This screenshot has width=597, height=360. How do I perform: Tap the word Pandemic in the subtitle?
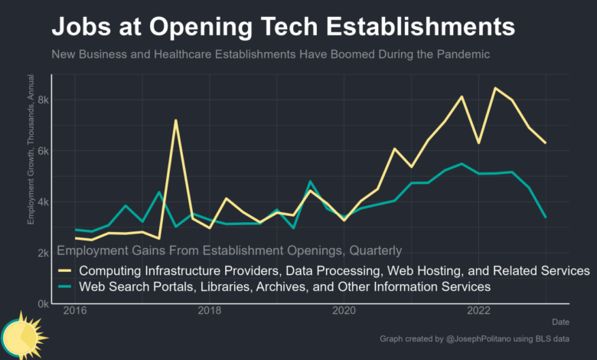point(459,55)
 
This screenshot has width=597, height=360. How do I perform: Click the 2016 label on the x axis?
point(75,312)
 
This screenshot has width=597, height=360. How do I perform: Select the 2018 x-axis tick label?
point(210,312)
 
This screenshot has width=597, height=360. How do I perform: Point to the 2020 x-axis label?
point(344,312)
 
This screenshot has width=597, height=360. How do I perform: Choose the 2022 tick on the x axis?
point(479,312)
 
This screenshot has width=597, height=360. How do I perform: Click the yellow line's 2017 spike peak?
point(176,120)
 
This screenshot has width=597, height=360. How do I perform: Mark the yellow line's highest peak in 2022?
point(495,88)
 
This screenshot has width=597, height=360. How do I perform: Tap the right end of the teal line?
point(546,218)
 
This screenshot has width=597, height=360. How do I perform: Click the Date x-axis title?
point(560,322)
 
